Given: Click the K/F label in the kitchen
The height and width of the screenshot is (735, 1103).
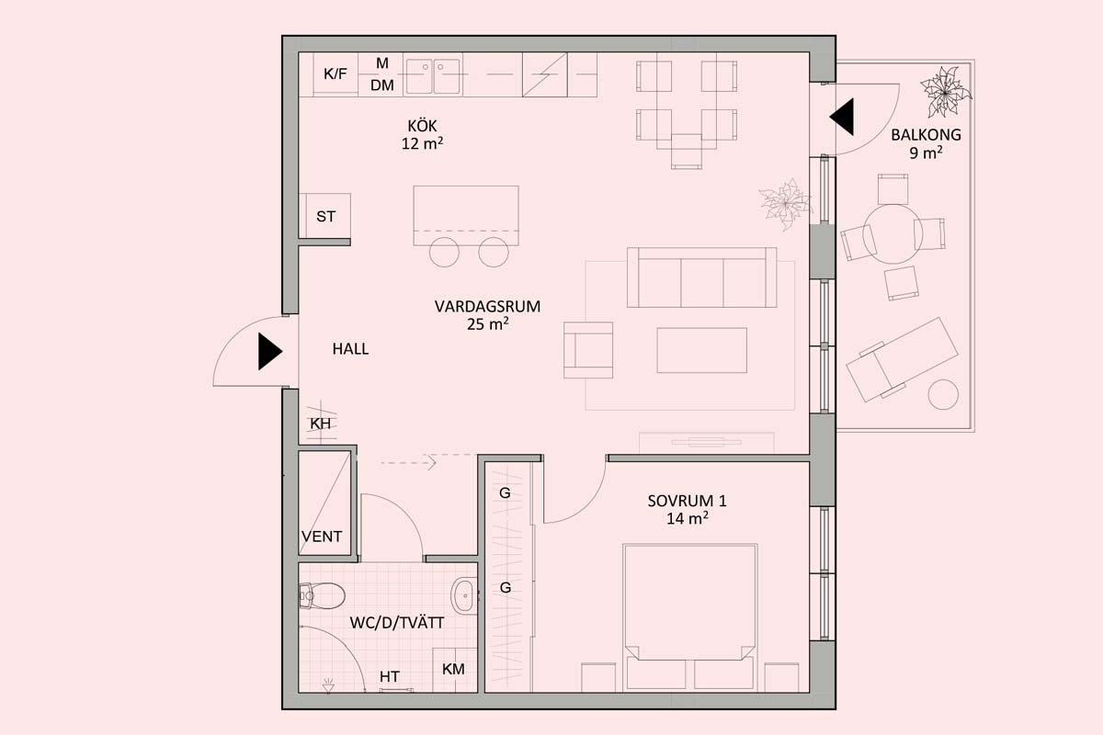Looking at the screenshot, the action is click(x=335, y=73).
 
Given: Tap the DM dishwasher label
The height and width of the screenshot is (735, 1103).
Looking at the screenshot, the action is click(x=382, y=85).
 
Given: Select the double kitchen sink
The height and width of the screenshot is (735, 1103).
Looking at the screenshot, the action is click(x=433, y=76).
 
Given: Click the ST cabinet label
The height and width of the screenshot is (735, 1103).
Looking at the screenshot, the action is click(x=325, y=217).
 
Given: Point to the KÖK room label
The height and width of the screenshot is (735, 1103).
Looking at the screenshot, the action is click(x=422, y=126).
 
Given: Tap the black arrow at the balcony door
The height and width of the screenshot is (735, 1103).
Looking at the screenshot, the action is click(x=842, y=118).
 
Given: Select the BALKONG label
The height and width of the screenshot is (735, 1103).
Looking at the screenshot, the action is click(x=926, y=135).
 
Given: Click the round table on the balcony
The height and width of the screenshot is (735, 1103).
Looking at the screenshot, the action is click(x=893, y=235).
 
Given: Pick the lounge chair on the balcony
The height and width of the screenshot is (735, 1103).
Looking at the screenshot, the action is click(x=902, y=359).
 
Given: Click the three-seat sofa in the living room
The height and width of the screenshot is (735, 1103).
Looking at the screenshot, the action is click(x=701, y=277).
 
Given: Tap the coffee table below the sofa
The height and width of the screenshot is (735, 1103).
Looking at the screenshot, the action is click(x=701, y=350).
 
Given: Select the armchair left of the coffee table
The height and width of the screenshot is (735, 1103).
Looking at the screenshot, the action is click(x=588, y=350).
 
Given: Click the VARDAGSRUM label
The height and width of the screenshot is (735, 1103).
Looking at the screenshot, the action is click(x=487, y=307).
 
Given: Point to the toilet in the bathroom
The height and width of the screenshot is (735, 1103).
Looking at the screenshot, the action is click(x=322, y=595).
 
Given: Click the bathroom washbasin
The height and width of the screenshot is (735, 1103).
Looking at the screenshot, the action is click(x=464, y=596).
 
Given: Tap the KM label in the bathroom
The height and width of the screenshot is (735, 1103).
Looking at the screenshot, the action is click(x=453, y=670).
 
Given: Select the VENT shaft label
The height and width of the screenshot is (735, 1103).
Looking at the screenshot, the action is click(x=322, y=537).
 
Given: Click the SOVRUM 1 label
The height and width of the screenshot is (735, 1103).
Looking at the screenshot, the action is click(x=687, y=501).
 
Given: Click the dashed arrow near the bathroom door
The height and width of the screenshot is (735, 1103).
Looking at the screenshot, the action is click(x=408, y=463).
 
